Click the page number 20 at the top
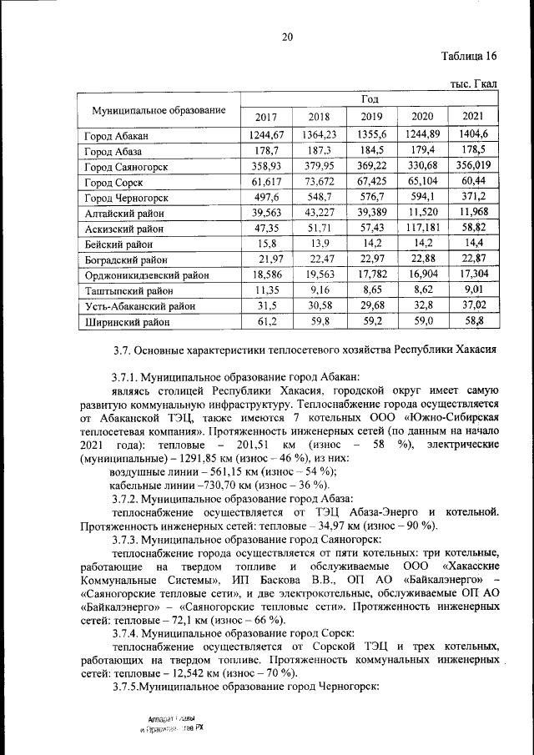(288, 36)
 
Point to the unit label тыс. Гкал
(473, 84)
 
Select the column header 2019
(370, 117)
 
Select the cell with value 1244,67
(267, 135)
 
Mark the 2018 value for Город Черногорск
(319, 197)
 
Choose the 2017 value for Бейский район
(267, 244)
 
